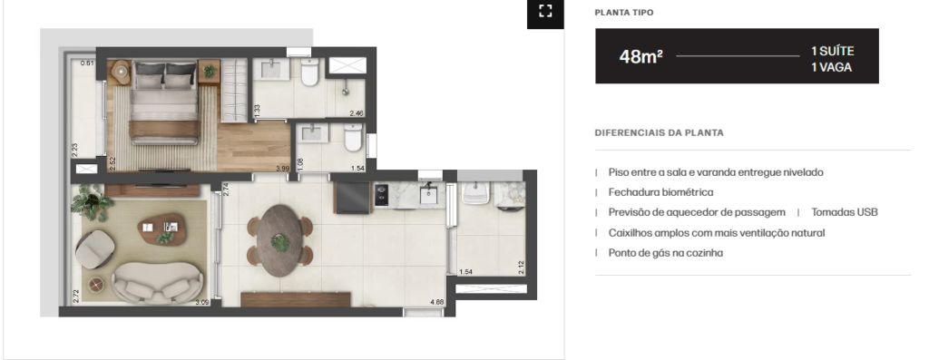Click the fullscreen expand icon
pyautogui.click(x=545, y=11)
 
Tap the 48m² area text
pyautogui.click(x=641, y=57)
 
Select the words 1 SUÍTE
pyautogui.click(x=833, y=52)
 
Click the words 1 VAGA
pyautogui.click(x=831, y=67)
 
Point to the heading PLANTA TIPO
pyautogui.click(x=624, y=13)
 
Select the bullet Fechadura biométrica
pyautogui.click(x=660, y=192)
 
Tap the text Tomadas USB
pyautogui.click(x=845, y=212)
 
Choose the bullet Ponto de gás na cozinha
pyautogui.click(x=665, y=253)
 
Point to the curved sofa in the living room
pyautogui.click(x=157, y=282)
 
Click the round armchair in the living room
pyautogui.click(x=94, y=248)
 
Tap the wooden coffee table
pyautogui.click(x=161, y=229)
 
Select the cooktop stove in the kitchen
pyautogui.click(x=381, y=194)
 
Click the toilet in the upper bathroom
pyautogui.click(x=310, y=73)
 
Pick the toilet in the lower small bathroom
pyautogui.click(x=353, y=137)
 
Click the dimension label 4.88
pyautogui.click(x=436, y=303)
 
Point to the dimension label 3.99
pyautogui.click(x=283, y=169)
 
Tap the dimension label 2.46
pyautogui.click(x=356, y=113)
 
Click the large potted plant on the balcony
pyautogui.click(x=92, y=202)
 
